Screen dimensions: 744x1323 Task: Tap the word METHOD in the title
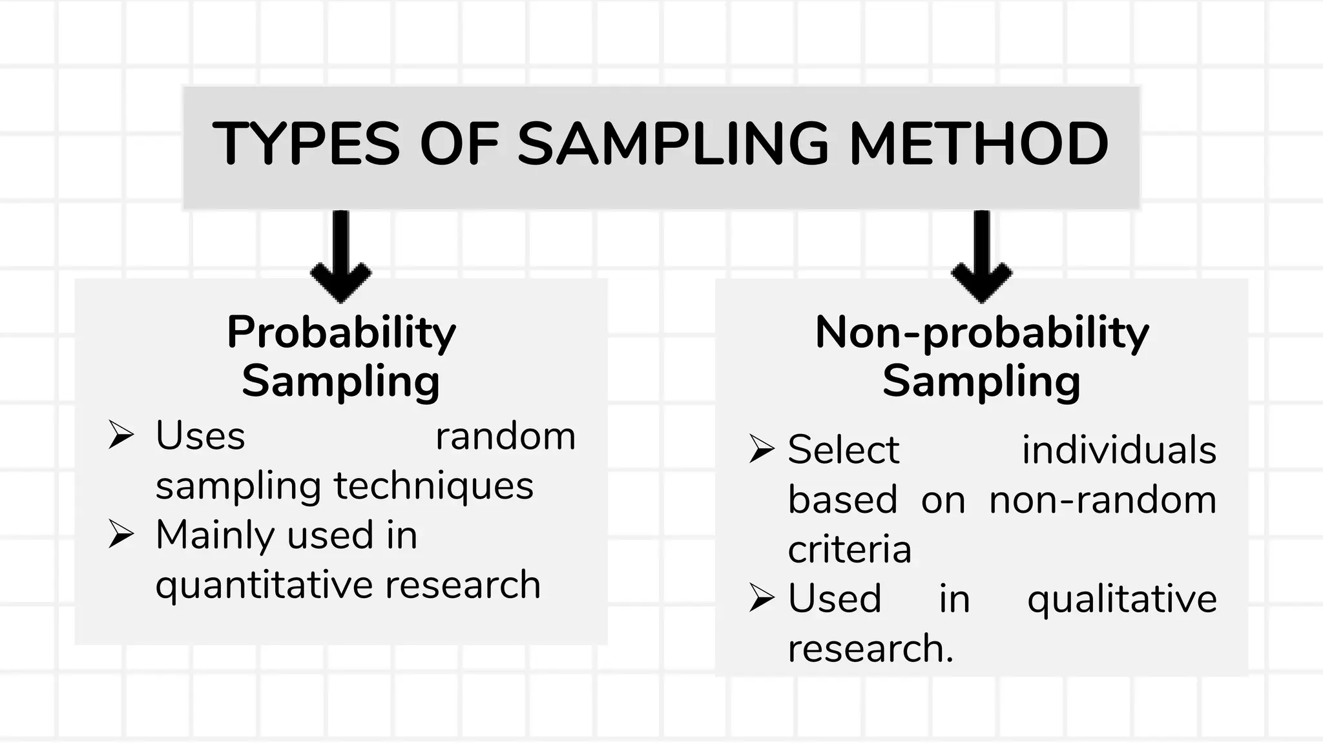tap(979, 143)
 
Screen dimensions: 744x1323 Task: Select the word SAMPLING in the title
tap(673, 143)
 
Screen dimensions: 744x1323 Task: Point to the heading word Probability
tap(341, 333)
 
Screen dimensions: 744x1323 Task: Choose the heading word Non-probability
tap(982, 333)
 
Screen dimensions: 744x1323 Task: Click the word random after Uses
tap(505, 436)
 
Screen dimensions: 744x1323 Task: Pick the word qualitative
tap(1121, 599)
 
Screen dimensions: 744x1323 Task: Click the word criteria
tap(849, 550)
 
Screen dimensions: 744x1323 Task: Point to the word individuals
tap(1119, 449)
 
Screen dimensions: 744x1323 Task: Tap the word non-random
tap(1103, 500)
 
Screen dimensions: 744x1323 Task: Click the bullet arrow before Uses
tap(121, 435)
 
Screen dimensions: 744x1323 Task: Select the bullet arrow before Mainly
tap(121, 534)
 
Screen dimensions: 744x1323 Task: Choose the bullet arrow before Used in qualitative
tap(762, 597)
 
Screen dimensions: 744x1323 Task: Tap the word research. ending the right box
tap(870, 648)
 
